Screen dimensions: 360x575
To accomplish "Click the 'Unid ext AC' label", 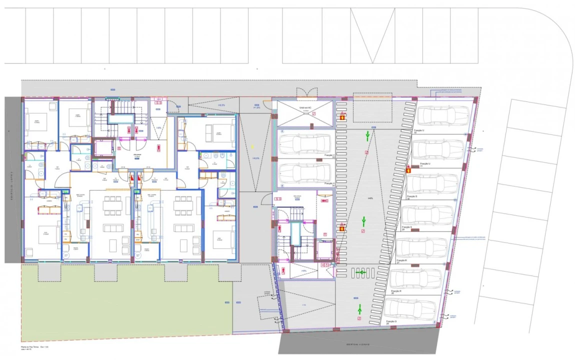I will [x=305, y=107].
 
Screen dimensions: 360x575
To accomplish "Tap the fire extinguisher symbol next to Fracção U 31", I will [x=408, y=169].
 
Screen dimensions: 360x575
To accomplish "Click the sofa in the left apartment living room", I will [x=112, y=228].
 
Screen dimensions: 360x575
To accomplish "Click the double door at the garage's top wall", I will [x=306, y=93].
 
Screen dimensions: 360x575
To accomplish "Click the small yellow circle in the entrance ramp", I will [x=252, y=146].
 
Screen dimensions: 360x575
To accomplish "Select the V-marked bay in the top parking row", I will [x=371, y=36].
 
